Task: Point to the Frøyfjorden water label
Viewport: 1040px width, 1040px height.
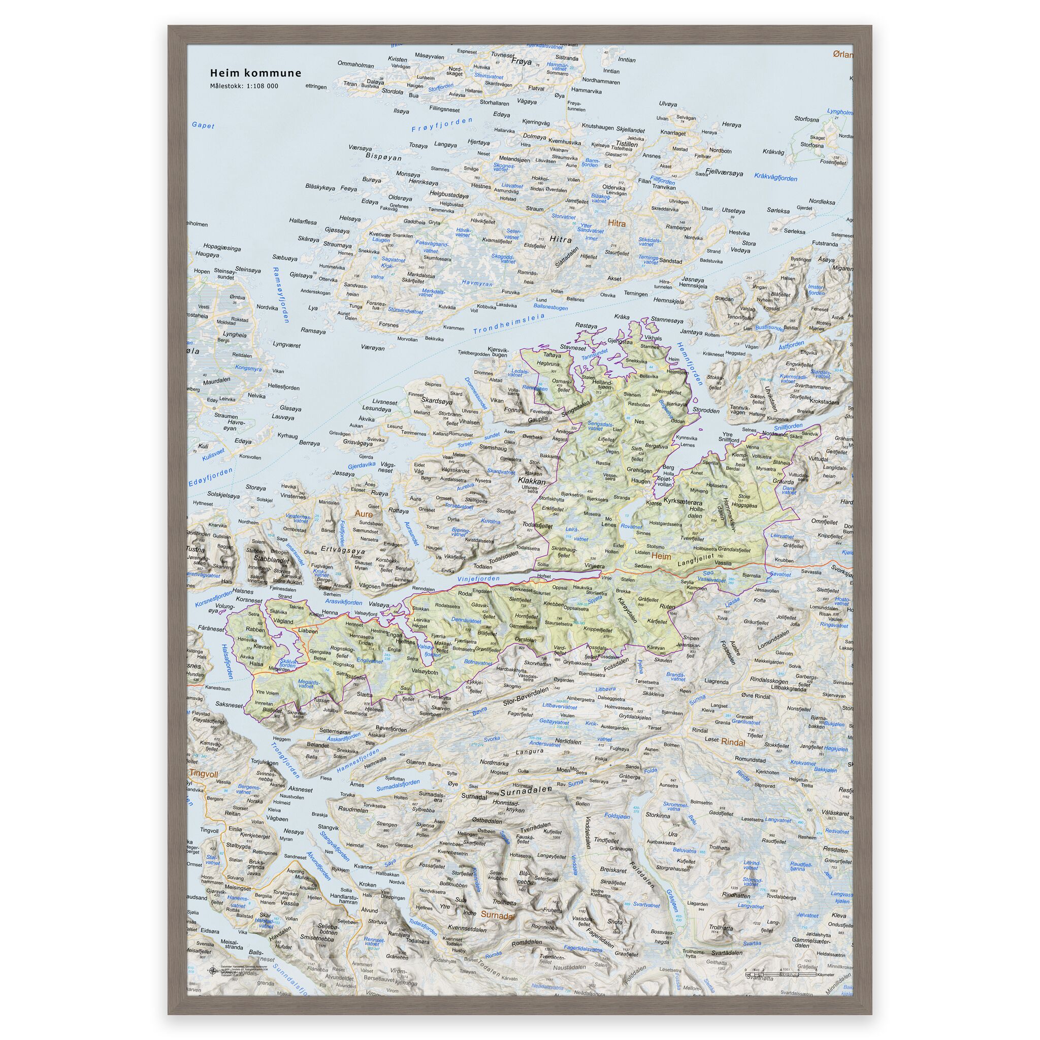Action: tap(441, 125)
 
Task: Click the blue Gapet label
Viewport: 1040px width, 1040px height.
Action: tap(203, 125)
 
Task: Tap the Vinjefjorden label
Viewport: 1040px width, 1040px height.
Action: tap(478, 579)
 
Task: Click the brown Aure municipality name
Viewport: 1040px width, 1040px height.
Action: tap(364, 513)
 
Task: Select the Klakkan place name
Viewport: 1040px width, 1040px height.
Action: tap(531, 481)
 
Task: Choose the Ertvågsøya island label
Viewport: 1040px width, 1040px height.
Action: tap(343, 550)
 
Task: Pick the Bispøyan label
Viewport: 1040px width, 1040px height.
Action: tap(383, 157)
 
